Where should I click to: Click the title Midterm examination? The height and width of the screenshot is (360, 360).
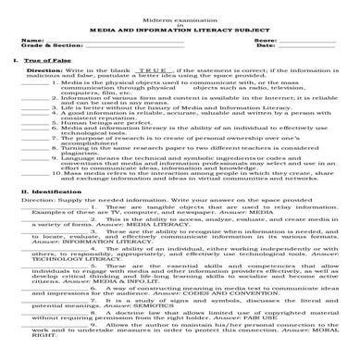coord(180,19)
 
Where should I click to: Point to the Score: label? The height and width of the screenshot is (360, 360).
coord(266,40)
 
